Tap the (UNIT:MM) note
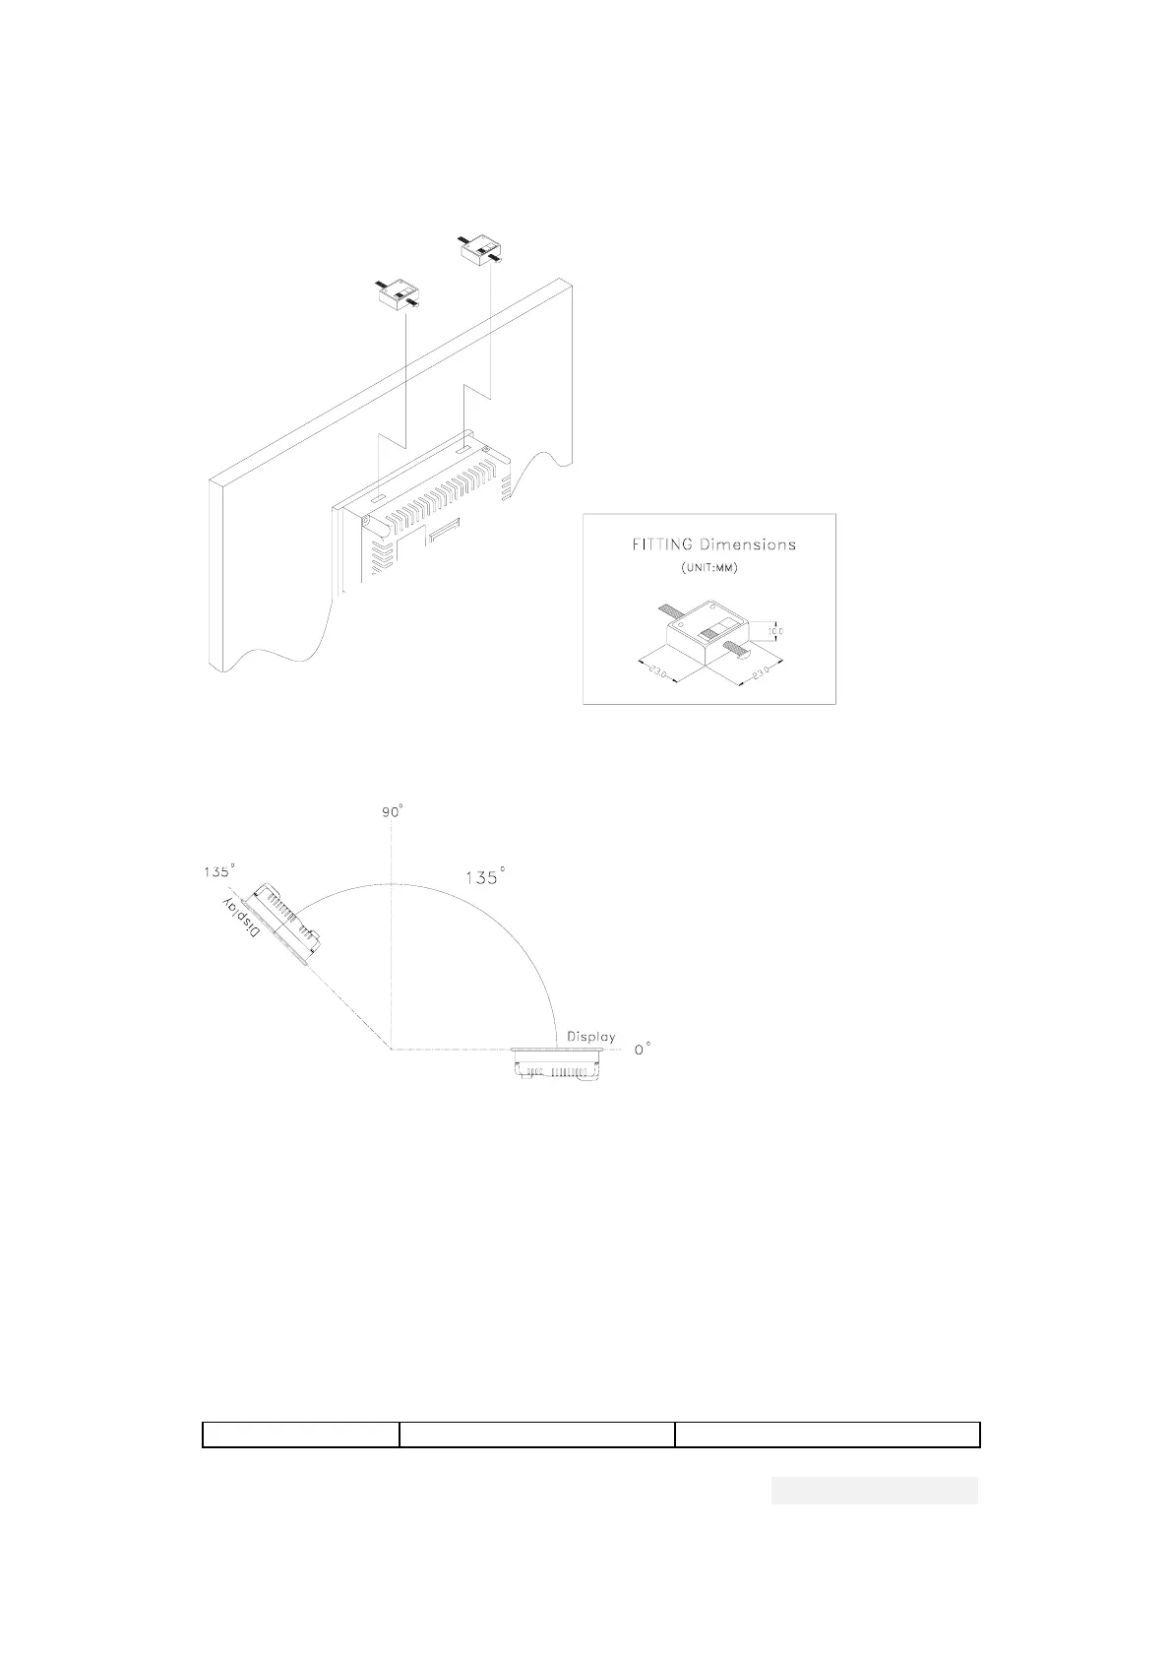[709, 569]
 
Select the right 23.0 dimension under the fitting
[761, 674]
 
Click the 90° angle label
[392, 812]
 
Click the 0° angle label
[642, 1051]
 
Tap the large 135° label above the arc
[484, 876]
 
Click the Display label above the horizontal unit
[591, 1037]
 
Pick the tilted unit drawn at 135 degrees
[285, 924]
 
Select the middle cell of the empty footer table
[536, 1435]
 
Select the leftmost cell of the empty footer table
[300, 1435]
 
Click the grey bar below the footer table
[874, 1491]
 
